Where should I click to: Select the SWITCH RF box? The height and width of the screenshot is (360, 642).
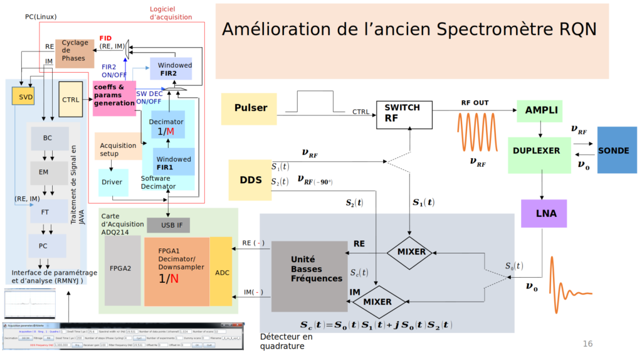click(x=404, y=114)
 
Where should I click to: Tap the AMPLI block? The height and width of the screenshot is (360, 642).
click(x=539, y=110)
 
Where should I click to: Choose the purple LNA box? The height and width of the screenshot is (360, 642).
click(x=543, y=213)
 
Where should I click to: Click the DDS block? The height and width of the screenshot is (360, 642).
click(x=250, y=180)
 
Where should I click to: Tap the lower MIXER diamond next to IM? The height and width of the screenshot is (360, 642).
click(x=377, y=302)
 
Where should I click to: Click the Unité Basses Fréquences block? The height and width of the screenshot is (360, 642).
click(x=309, y=276)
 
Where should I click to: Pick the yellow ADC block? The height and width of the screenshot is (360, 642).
click(x=223, y=272)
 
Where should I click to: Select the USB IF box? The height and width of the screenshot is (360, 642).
click(x=168, y=225)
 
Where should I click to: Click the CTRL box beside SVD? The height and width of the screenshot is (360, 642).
click(x=71, y=100)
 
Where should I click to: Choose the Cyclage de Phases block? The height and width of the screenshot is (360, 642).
click(x=74, y=53)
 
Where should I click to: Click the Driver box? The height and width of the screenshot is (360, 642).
click(x=113, y=183)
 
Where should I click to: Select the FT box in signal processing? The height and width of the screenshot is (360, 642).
click(x=46, y=212)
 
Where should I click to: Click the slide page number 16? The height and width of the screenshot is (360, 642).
click(x=587, y=343)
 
